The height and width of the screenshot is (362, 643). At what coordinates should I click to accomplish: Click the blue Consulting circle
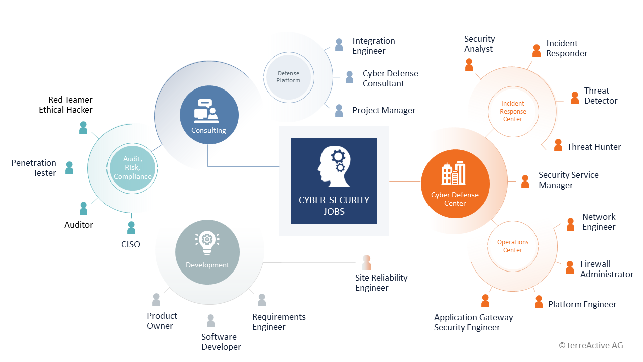209,115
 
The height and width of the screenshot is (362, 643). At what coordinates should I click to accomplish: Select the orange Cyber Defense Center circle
455,184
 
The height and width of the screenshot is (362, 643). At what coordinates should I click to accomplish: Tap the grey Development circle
207,252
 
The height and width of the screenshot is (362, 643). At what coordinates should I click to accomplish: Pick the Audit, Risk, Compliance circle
132,168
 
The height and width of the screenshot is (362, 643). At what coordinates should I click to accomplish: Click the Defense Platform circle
288,77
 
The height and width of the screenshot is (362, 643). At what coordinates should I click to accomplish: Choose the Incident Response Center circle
513,111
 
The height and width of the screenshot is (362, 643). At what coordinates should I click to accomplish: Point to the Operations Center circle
513,246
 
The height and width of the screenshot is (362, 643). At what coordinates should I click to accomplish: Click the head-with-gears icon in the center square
334,166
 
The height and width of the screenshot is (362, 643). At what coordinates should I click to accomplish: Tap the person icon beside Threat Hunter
558,145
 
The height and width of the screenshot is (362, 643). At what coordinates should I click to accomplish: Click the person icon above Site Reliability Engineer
366,262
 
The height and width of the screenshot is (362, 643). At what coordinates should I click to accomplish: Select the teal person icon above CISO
131,228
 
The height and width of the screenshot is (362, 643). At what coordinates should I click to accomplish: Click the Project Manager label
384,110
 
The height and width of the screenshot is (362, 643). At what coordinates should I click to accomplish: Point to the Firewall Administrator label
607,269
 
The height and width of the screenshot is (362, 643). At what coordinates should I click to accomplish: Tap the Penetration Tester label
34,168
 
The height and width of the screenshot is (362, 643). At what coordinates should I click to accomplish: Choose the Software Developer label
221,342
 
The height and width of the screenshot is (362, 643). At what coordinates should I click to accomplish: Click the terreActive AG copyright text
591,345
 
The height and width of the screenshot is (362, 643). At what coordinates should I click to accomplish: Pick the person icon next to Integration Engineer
339,45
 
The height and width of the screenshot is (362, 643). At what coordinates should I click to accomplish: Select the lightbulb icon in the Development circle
207,243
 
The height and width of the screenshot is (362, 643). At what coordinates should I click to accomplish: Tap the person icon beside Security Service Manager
525,182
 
